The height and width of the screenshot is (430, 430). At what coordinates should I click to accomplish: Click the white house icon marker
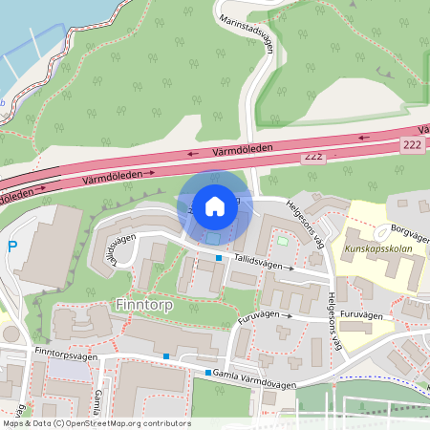click(215, 206)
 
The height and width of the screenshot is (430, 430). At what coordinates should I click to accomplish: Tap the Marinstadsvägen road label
click(247, 35)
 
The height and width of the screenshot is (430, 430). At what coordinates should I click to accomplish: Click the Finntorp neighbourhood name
click(141, 304)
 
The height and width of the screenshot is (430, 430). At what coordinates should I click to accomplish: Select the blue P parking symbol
click(12, 247)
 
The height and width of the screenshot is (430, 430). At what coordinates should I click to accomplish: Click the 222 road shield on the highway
click(411, 143)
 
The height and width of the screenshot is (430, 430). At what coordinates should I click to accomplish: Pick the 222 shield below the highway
click(312, 156)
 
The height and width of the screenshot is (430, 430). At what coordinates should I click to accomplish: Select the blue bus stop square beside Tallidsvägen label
click(218, 258)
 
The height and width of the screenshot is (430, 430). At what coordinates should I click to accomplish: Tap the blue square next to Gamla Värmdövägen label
click(208, 372)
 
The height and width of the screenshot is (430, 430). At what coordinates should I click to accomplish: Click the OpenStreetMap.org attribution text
click(123, 422)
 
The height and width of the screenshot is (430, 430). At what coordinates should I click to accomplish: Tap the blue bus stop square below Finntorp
click(166, 356)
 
